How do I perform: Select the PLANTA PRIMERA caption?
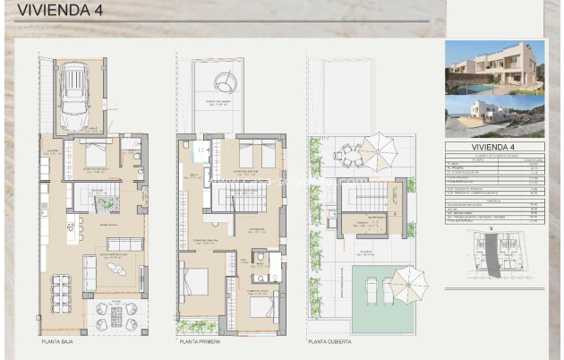[201, 342]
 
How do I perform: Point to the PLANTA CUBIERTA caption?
[329, 342]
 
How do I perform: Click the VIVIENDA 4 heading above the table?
[494, 147]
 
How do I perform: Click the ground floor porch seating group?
[113, 315]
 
